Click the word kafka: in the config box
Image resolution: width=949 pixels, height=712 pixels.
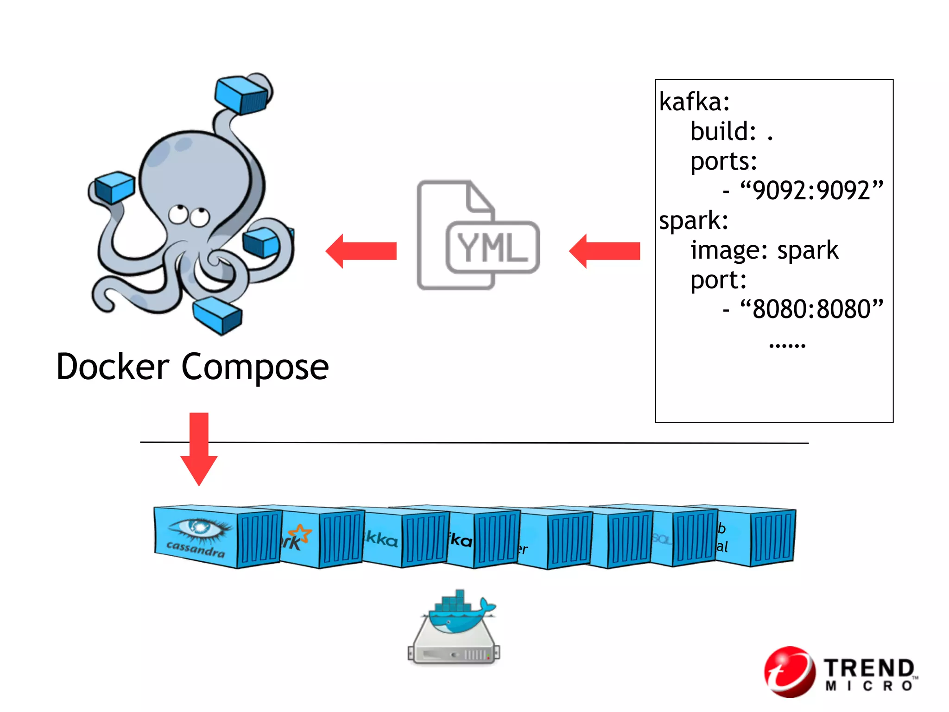(x=694, y=102)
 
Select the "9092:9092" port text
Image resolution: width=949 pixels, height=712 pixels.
(x=811, y=190)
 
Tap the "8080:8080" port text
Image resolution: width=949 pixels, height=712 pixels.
(x=811, y=309)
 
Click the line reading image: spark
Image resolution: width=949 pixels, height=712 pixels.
(x=764, y=250)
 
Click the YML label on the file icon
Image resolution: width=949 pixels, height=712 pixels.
(x=492, y=247)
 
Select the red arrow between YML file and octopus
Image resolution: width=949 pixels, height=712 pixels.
(x=361, y=251)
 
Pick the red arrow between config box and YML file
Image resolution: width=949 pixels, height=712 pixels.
(x=605, y=251)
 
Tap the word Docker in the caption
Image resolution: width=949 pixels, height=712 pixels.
(x=113, y=367)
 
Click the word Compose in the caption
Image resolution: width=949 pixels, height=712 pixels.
(x=255, y=368)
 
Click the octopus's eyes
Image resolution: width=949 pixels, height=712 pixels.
(x=189, y=216)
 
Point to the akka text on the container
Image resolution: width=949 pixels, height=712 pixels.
(x=381, y=539)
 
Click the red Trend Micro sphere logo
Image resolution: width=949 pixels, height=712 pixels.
(x=790, y=672)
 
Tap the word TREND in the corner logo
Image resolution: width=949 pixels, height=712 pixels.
(x=868, y=668)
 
